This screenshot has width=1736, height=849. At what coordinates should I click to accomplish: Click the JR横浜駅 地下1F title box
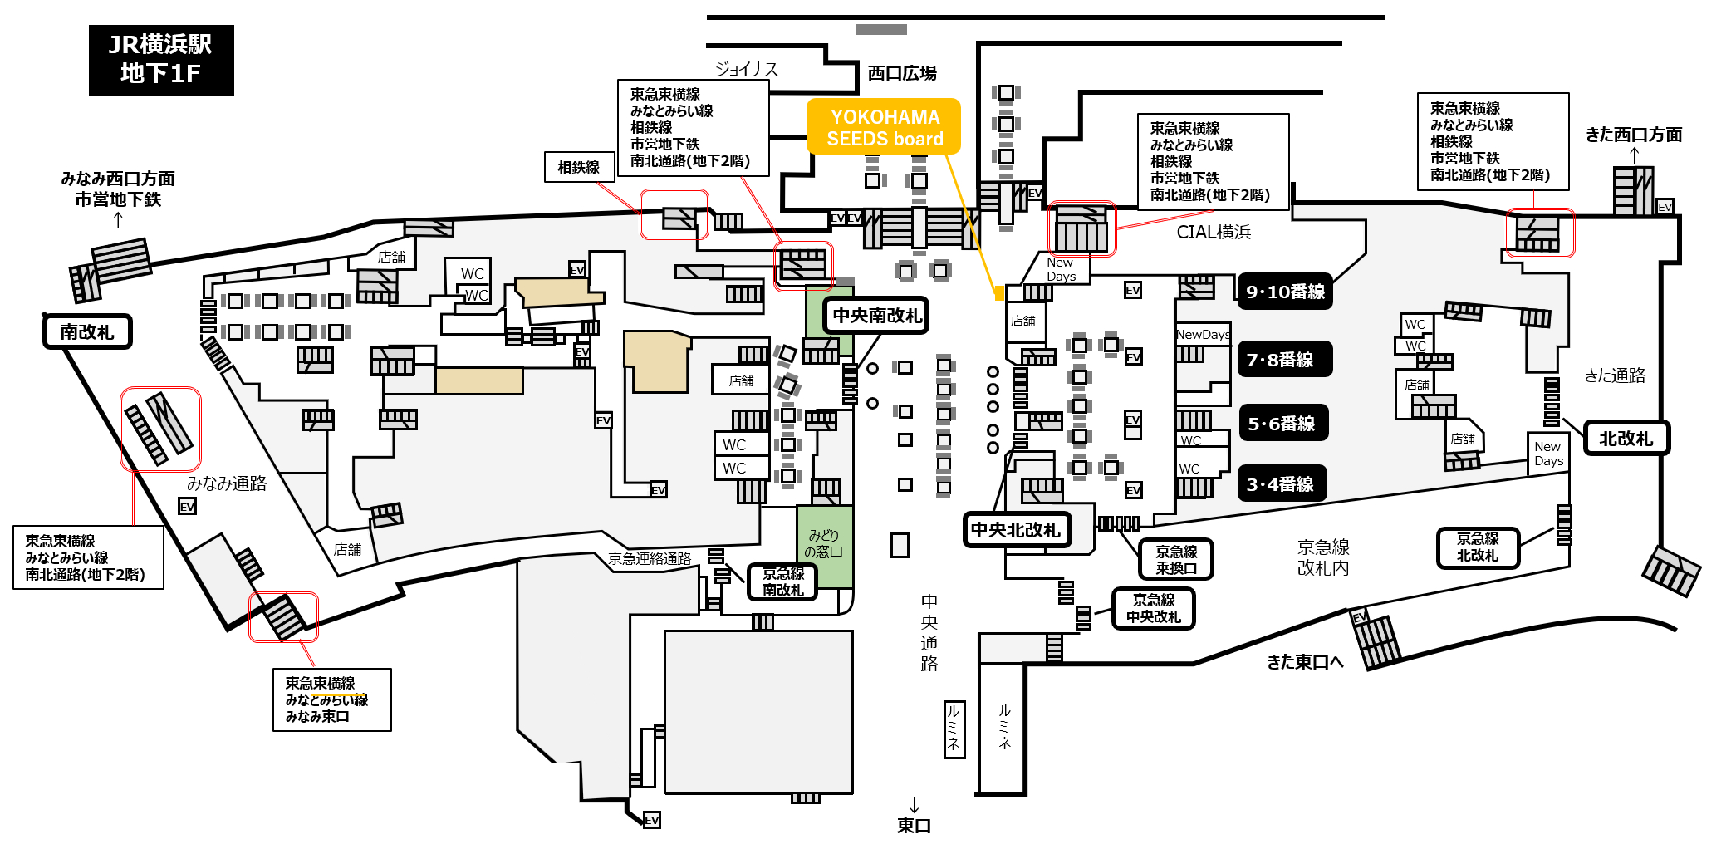pos(161,60)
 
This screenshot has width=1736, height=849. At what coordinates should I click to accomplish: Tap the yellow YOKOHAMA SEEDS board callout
pos(884,127)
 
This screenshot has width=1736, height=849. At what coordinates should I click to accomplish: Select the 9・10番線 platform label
pos(1285,292)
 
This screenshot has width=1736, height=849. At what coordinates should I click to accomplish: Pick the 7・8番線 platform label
pos(1285,359)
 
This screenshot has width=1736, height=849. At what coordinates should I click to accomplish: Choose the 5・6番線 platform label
pos(1282,423)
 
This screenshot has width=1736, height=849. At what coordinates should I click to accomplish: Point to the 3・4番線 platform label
pos(1282,483)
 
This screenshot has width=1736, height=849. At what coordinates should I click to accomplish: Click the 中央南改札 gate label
pos(876,316)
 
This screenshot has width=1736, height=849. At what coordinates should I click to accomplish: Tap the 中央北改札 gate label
pos(1017,530)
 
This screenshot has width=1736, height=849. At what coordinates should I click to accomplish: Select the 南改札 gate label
pos(87,331)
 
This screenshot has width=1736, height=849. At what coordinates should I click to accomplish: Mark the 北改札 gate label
pos(1626,438)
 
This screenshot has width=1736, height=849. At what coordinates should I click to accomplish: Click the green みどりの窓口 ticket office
pos(824,546)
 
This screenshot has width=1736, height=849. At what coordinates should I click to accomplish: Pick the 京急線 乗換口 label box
pos(1176,559)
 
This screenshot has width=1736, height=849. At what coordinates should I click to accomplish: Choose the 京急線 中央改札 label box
pos(1153,608)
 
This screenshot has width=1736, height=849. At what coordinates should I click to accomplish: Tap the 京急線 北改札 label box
pos(1478,547)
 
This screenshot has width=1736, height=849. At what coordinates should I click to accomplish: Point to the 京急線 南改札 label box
pos(782,582)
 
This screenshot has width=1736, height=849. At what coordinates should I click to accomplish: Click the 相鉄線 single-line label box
pos(579,167)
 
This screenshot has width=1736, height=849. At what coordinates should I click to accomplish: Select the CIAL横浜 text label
pos(1214,232)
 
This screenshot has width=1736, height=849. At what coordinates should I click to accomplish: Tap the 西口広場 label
pos(902,73)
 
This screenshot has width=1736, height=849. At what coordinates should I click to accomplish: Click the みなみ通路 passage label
pos(227,483)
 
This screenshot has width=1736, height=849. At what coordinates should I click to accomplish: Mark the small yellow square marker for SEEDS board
pos(999,293)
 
